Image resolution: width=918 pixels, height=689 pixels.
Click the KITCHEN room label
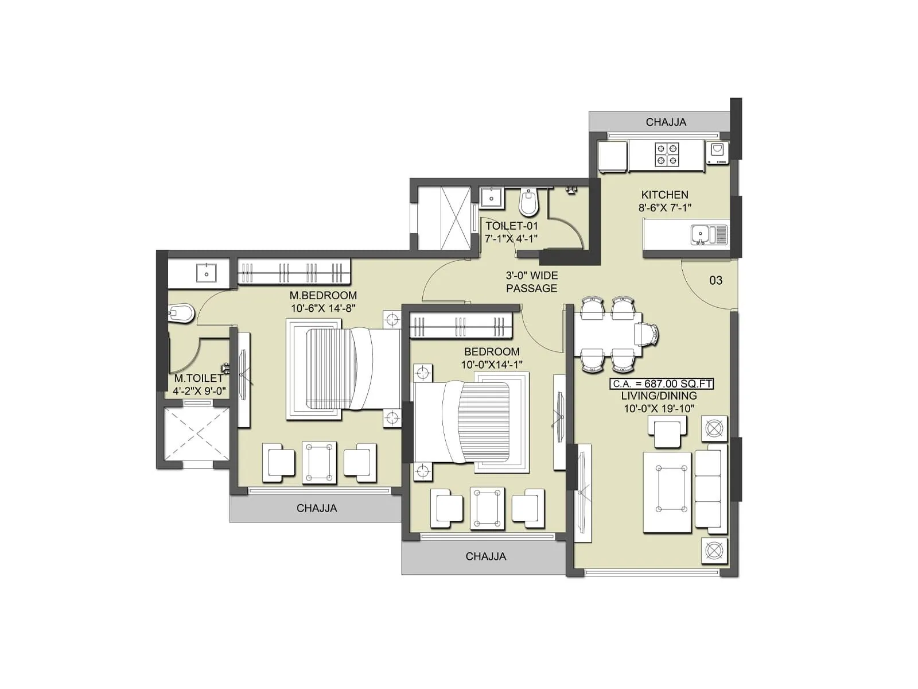click(664, 195)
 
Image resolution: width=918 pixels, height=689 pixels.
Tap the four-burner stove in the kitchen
click(667, 155)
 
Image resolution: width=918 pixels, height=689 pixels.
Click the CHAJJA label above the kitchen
click(666, 122)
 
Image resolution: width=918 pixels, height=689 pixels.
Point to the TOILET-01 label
click(512, 226)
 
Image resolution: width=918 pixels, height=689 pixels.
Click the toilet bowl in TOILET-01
click(528, 202)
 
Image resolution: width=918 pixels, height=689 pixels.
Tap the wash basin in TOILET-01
click(491, 198)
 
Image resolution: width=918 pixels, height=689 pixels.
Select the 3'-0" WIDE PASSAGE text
click(531, 282)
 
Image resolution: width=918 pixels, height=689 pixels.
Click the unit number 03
click(715, 280)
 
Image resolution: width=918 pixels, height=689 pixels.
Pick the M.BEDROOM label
click(323, 295)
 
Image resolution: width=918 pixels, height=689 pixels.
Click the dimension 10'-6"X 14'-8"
click(323, 308)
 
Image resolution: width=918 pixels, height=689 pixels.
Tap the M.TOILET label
click(199, 378)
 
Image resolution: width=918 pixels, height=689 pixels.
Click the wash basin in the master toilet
click(205, 273)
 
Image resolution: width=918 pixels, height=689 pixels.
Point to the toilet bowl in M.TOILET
click(182, 313)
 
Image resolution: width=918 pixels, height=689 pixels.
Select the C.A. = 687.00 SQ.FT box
click(662, 384)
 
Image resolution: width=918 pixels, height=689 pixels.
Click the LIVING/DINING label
click(659, 396)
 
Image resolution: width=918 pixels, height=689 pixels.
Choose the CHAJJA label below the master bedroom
click(317, 508)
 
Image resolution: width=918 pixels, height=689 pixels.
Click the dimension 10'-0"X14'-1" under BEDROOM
click(492, 365)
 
